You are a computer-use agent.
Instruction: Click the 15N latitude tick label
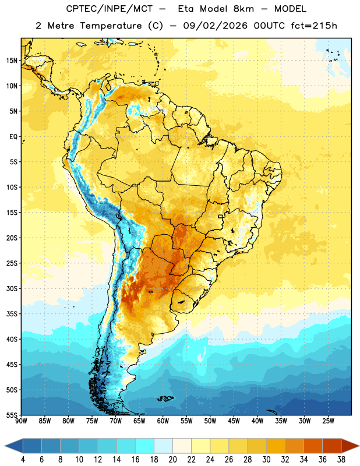click(12, 61)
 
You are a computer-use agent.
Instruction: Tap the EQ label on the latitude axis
click(13, 137)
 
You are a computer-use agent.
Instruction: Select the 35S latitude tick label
click(12, 314)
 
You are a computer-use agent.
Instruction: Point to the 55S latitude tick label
click(12, 415)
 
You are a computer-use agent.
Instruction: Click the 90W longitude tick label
click(21, 421)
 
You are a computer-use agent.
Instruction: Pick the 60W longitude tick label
click(163, 421)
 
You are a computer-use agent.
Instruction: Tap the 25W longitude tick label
click(328, 421)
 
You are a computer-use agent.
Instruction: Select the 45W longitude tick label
click(234, 421)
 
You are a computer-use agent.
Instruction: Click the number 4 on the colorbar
click(23, 460)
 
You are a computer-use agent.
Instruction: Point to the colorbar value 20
click(172, 460)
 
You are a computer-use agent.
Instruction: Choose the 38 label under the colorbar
click(341, 460)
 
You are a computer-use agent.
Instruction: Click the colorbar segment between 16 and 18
click(145, 446)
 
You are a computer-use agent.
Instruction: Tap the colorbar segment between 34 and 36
click(313, 446)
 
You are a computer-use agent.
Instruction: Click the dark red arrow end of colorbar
click(349, 446)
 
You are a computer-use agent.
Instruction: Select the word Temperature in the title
click(111, 26)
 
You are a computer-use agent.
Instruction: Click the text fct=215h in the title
click(314, 26)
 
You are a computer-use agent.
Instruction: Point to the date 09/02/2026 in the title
click(215, 26)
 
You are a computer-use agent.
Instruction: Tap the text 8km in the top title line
click(243, 9)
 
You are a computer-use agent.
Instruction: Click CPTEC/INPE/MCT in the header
click(110, 9)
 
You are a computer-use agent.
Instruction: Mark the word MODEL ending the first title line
click(290, 9)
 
